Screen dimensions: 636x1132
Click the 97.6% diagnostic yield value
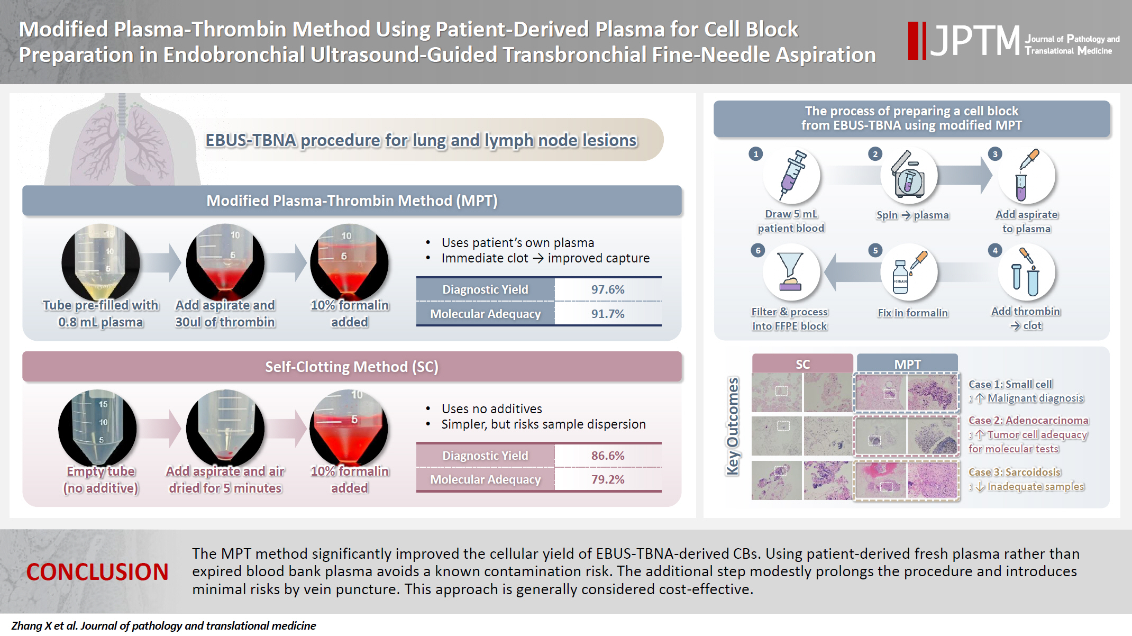[607, 289]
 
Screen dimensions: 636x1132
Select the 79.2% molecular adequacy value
[607, 479]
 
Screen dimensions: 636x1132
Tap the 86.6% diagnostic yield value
[607, 456]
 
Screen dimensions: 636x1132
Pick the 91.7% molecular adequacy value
[607, 314]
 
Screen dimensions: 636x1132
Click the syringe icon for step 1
[791, 175]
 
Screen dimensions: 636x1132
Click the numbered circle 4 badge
[994, 250]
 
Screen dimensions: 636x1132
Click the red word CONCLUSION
[97, 572]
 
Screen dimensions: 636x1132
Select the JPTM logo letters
[975, 41]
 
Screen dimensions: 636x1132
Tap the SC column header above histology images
[802, 364]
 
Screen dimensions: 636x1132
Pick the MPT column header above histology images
[907, 364]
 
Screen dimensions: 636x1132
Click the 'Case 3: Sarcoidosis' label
[1015, 472]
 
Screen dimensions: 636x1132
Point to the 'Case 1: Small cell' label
[1010, 384]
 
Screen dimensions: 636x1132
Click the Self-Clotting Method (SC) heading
[352, 367]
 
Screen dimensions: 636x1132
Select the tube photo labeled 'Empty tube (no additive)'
[98, 428]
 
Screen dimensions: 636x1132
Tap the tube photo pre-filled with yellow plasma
[101, 262]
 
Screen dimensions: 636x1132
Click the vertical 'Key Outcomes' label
[732, 426]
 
